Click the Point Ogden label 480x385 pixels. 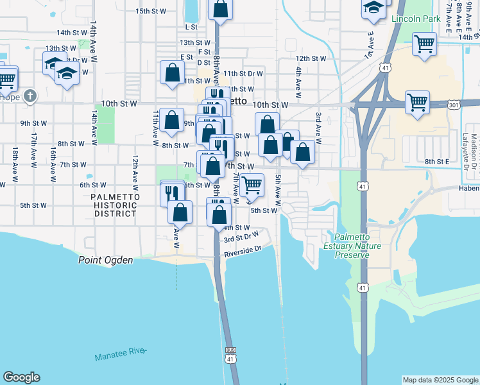(x=106, y=260)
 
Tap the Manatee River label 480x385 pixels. (x=121, y=355)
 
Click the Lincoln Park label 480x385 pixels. (x=419, y=19)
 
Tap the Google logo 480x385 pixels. (x=21, y=377)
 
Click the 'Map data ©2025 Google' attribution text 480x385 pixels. (x=440, y=380)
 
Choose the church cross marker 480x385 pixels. (x=30, y=96)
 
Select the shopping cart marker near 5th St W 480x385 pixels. (x=252, y=185)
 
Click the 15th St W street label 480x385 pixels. (x=151, y=12)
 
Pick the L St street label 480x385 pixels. (x=191, y=27)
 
